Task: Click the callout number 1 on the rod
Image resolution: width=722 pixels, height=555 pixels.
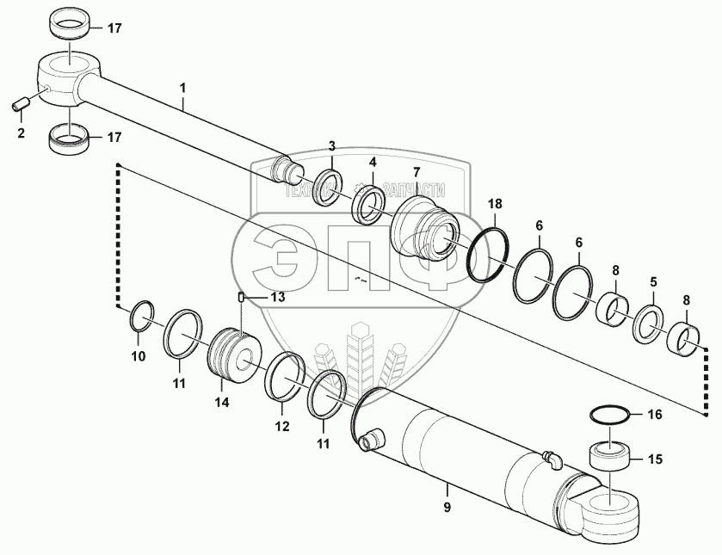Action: pyautogui.click(x=182, y=88)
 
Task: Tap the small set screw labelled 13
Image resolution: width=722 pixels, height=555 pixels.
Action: pyautogui.click(x=243, y=298)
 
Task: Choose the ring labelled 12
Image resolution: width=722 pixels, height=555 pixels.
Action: pyautogui.click(x=283, y=375)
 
